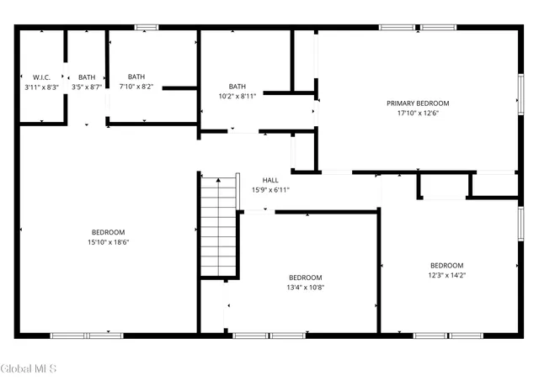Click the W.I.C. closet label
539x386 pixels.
click(41, 77)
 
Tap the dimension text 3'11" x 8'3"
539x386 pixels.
click(41, 87)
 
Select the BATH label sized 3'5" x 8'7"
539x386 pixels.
click(88, 77)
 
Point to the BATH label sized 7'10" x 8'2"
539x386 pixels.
click(136, 77)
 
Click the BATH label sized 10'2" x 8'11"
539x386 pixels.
click(237, 86)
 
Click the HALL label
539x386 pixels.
click(270, 180)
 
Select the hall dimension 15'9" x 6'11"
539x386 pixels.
click(270, 190)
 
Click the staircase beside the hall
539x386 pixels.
click(218, 228)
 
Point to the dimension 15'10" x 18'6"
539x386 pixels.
click(109, 242)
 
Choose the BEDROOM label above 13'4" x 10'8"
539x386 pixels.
click(305, 278)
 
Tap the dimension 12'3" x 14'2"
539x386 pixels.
click(446, 275)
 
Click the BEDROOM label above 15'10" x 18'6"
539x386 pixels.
click(109, 232)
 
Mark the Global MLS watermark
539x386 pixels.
click(29, 368)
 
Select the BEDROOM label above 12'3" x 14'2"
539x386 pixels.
click(446, 265)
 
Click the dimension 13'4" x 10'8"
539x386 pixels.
click(305, 288)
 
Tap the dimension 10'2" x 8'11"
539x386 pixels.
click(237, 96)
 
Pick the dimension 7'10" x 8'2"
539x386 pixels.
click(136, 87)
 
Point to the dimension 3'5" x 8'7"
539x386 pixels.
click(88, 87)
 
